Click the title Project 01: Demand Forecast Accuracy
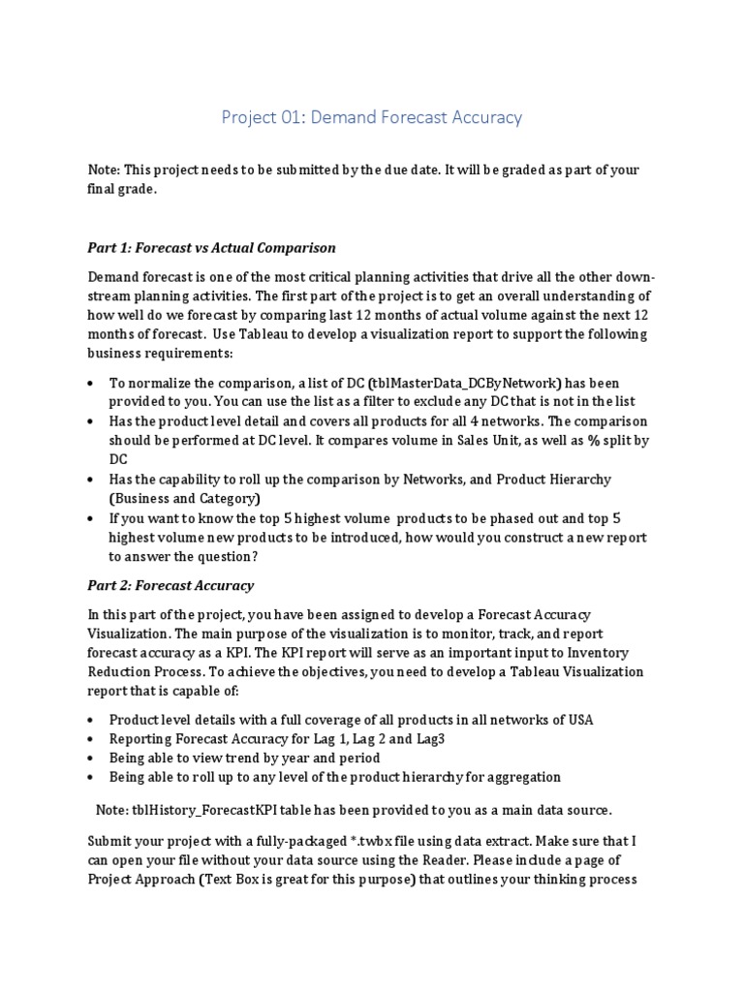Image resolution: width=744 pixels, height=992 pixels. tap(372, 117)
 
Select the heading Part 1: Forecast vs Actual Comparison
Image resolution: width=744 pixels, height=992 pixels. tap(211, 248)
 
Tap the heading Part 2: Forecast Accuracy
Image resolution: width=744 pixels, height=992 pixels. tap(170, 585)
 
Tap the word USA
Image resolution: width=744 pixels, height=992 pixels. tap(577, 719)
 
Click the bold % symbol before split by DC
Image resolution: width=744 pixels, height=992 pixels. tap(593, 440)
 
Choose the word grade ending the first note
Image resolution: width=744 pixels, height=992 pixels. tap(138, 190)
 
